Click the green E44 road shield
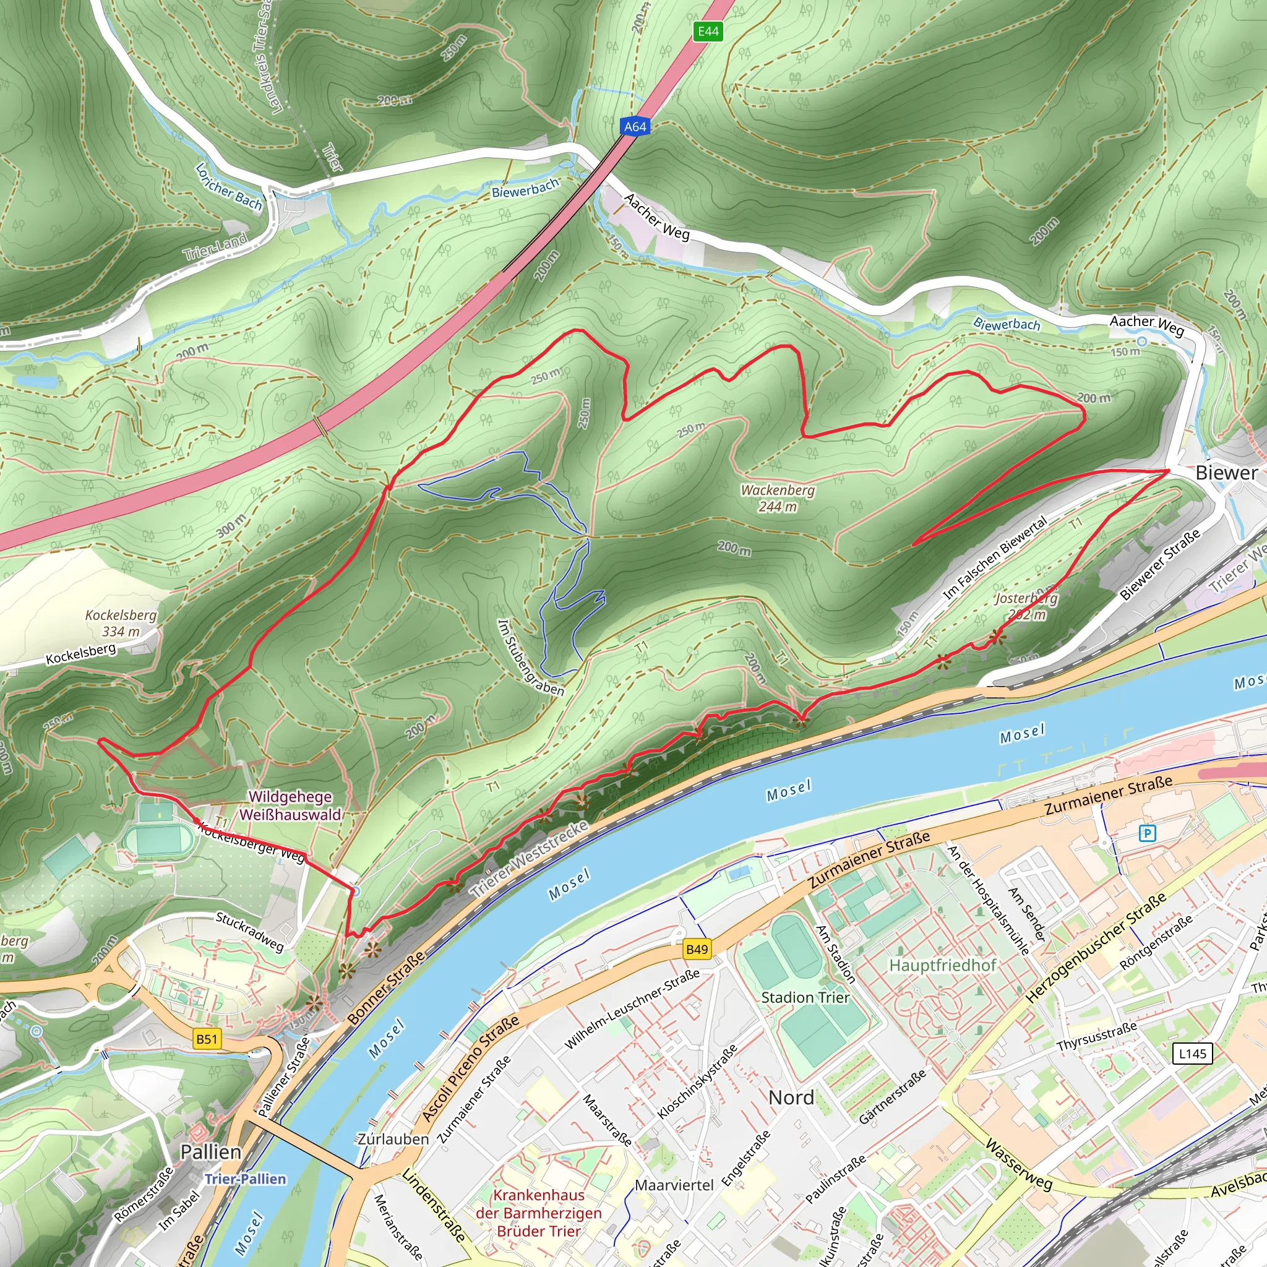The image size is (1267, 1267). (x=708, y=31)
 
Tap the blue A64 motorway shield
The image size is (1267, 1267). (x=635, y=127)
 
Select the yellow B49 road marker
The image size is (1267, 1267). (x=697, y=949)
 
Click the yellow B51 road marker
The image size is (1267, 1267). (x=207, y=1039)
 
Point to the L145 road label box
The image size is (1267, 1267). (x=1192, y=1054)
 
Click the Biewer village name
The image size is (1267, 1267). (x=1226, y=472)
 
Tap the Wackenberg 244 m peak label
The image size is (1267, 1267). (x=778, y=499)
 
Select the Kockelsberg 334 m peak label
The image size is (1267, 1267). (x=121, y=623)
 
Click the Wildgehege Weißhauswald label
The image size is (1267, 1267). (x=290, y=805)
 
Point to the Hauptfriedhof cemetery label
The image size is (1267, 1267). (x=942, y=965)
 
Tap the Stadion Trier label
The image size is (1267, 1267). (x=805, y=997)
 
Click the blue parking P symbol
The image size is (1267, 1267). (x=1147, y=833)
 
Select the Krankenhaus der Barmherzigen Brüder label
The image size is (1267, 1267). (x=538, y=1213)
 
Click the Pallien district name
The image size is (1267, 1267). (x=210, y=1151)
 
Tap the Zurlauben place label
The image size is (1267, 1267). (x=393, y=1139)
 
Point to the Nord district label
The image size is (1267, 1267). (x=791, y=1097)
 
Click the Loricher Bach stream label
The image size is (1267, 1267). (x=229, y=187)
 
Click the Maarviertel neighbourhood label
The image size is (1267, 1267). (x=674, y=1185)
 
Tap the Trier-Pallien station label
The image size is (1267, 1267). (x=245, y=1179)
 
